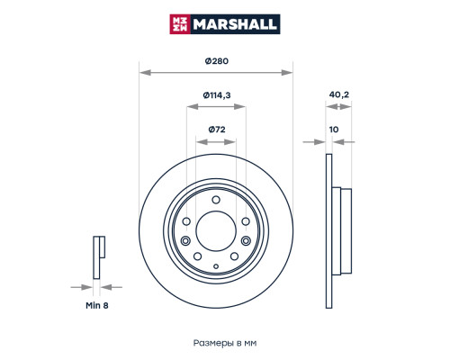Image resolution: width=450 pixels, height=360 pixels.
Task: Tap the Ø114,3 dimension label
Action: coord(216,95)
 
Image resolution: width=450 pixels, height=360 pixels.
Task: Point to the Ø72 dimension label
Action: coord(216,130)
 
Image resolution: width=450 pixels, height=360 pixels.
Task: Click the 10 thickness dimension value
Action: coord(334,130)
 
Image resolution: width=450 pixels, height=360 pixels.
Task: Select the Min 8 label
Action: coord(98,305)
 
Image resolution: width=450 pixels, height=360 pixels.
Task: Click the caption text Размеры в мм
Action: coord(225,343)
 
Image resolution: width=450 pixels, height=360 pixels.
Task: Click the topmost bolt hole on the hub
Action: coord(216,200)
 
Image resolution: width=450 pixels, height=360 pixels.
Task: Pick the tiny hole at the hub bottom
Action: coord(216,267)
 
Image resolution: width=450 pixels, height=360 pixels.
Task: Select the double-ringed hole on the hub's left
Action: coord(185,241)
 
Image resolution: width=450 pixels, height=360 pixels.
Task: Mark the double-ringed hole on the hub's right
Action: coord(247,241)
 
